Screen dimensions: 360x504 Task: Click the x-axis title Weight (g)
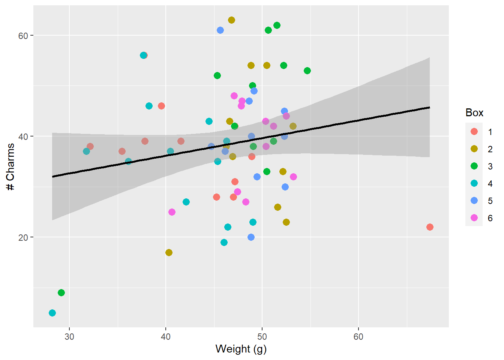point(241,349)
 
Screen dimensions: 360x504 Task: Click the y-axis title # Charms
point(10,167)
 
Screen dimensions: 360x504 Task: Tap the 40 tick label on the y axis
point(23,136)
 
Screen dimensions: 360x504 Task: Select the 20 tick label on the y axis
point(23,237)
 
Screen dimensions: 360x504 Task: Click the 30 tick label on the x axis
point(69,336)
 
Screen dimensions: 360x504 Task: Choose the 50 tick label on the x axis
point(262,336)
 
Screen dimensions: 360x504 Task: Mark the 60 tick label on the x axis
point(358,336)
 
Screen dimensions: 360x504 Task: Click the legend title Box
point(474,113)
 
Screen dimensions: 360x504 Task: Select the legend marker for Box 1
point(474,132)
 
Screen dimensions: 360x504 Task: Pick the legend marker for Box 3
point(474,166)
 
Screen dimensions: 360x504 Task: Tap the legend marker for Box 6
point(474,218)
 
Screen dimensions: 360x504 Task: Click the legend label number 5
point(490,201)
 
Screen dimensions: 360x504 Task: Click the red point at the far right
point(430,227)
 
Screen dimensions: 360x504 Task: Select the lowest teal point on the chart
point(52,313)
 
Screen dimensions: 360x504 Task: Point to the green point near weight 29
point(61,292)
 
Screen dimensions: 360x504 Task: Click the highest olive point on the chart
point(231,20)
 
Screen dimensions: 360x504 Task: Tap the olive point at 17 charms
point(169,252)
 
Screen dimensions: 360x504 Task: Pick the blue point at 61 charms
point(220,30)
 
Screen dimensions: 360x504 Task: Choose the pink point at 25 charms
point(172,212)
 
